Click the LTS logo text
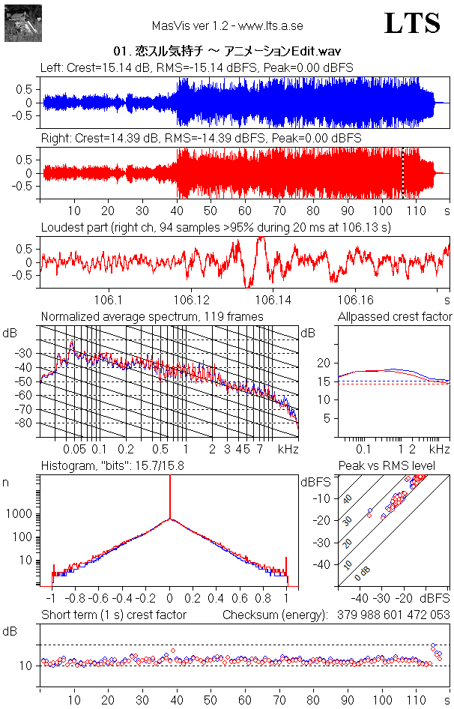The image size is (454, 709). [412, 23]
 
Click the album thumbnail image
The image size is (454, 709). [23, 23]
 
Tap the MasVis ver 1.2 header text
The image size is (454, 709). [227, 25]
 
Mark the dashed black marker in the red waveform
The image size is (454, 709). [402, 173]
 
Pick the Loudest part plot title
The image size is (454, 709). [217, 227]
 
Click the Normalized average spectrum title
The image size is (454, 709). [152, 316]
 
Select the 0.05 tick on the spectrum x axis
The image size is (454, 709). [75, 449]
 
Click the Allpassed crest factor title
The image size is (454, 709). [395, 316]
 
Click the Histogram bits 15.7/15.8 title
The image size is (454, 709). [112, 465]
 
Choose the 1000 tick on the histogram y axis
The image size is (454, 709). [19, 514]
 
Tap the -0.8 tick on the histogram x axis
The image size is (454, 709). [76, 598]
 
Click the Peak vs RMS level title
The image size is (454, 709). [387, 465]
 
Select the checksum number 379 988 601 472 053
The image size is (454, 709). [393, 615]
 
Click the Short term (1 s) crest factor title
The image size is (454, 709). [114, 615]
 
